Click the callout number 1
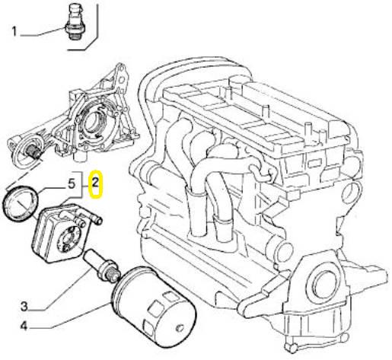14,32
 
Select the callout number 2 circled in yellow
95,183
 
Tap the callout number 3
24,307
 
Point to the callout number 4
24,326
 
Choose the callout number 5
72,183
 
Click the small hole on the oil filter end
180,328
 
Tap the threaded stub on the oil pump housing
33,151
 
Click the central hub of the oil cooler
67,238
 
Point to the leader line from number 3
65,291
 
